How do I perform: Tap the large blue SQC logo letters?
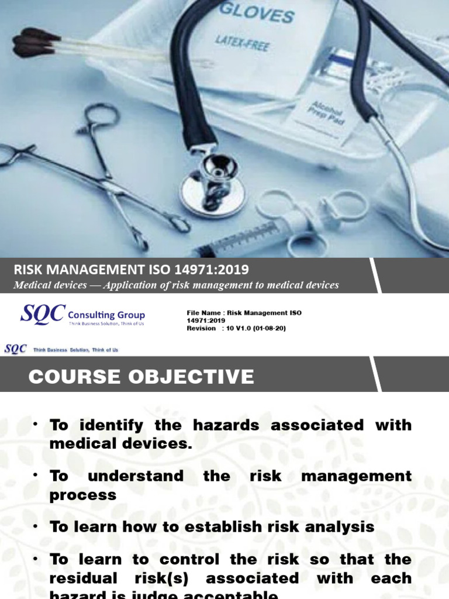coord(43,314)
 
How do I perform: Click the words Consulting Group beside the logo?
coord(106,315)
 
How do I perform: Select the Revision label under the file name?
coord(201,328)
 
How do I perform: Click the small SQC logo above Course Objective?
coord(15,349)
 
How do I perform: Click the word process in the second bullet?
coord(83,495)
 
